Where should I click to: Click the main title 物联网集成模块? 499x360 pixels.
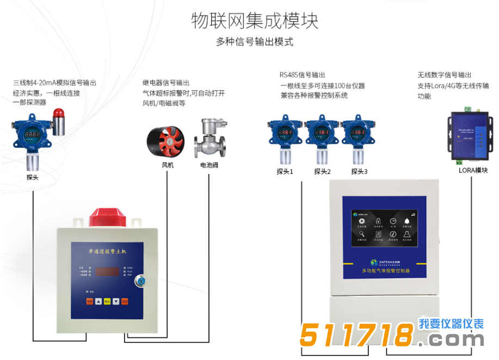point(255,21)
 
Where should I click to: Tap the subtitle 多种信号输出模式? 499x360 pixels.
point(255,42)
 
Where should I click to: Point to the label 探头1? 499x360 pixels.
point(285,172)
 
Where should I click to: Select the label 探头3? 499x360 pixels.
point(359,172)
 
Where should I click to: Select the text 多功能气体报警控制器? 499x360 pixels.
point(385,270)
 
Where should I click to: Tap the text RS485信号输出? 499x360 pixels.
point(303,75)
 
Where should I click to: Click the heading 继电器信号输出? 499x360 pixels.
point(166,83)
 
